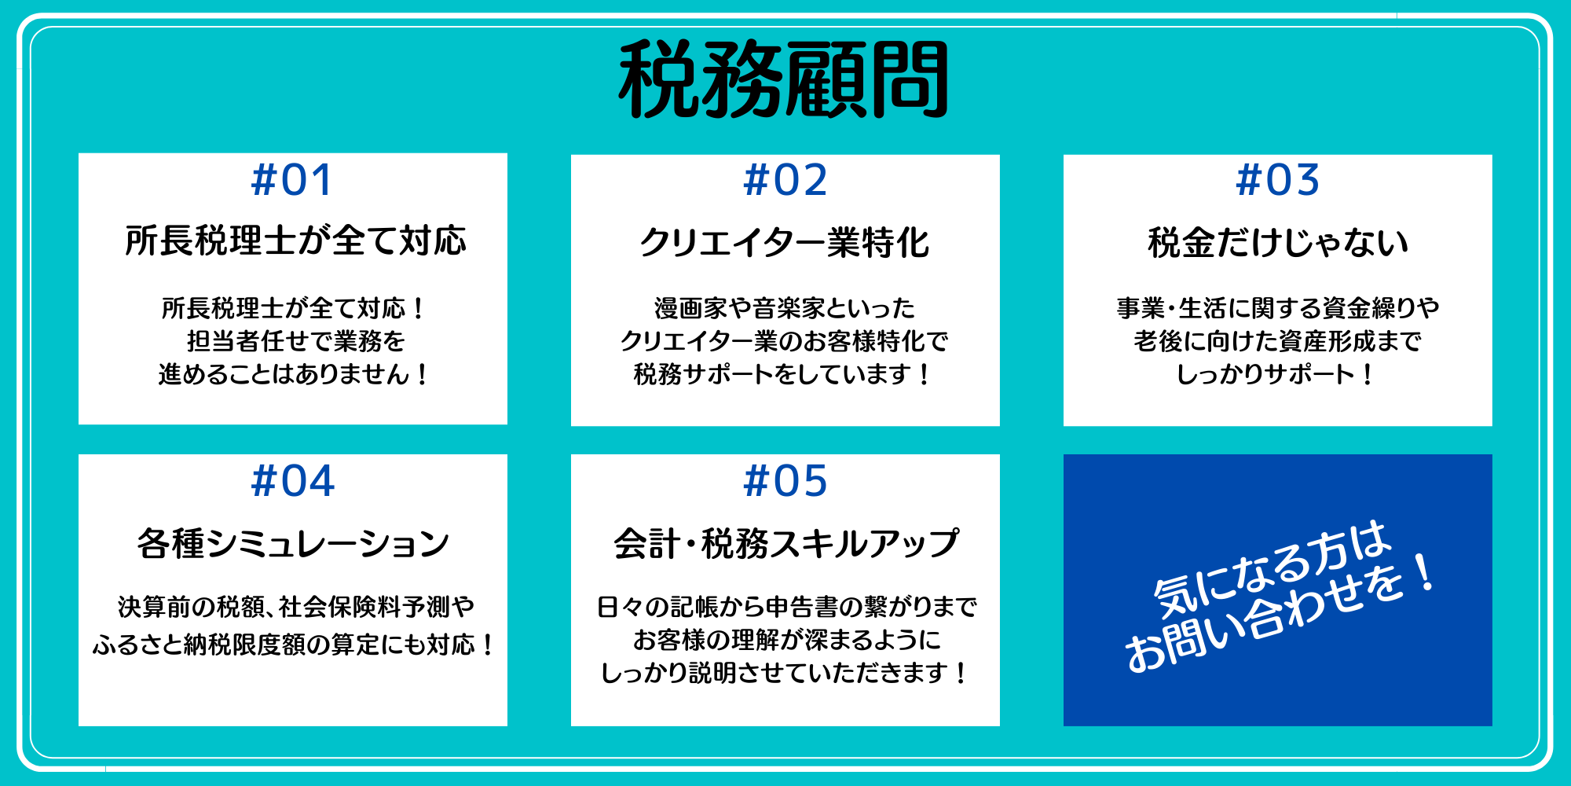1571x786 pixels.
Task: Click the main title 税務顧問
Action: (784, 80)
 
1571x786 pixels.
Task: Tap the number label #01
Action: (292, 180)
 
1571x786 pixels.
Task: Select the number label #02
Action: (785, 180)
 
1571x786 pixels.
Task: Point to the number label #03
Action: (1278, 180)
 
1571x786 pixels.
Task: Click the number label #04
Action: (293, 481)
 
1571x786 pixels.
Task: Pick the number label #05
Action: (785, 481)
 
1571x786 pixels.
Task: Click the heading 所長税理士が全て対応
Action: (295, 241)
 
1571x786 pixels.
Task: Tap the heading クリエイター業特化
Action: (785, 242)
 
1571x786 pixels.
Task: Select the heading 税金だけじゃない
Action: (1278, 242)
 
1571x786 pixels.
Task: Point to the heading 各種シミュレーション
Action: (293, 543)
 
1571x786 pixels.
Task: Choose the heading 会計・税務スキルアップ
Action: (785, 543)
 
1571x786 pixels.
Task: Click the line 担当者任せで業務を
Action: (295, 341)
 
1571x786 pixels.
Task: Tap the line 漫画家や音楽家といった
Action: (785, 308)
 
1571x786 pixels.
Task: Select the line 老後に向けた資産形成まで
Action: (1278, 341)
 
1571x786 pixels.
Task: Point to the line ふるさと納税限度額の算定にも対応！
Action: (293, 645)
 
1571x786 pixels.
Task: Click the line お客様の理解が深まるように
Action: (786, 640)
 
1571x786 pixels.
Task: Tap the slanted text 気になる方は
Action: (1273, 568)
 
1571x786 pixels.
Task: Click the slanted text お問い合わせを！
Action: (1282, 614)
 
